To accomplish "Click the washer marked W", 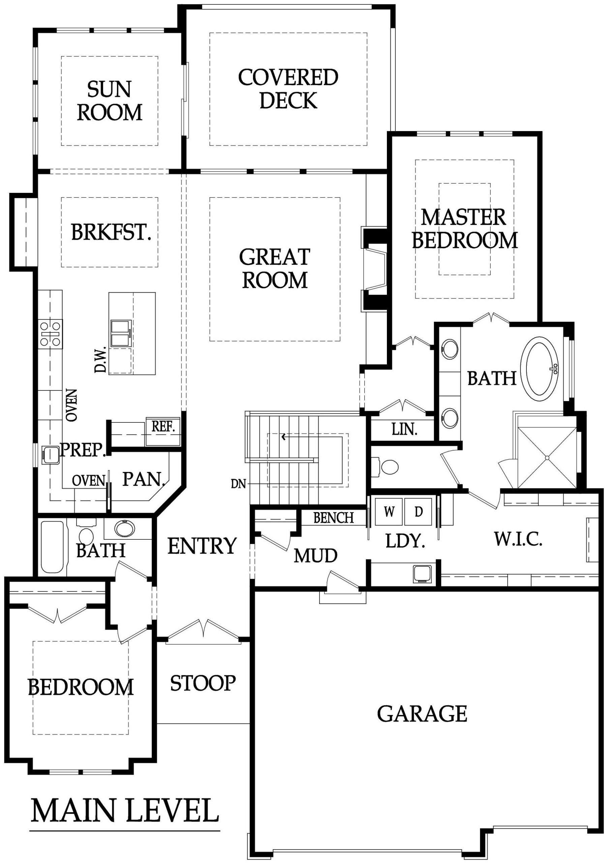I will [x=389, y=512].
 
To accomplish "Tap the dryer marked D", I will [x=418, y=512].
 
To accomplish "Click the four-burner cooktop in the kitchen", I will [x=50, y=333].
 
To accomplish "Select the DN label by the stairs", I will [x=238, y=484].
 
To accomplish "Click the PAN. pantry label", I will [x=144, y=479].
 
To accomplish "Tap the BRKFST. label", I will [x=111, y=232].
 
